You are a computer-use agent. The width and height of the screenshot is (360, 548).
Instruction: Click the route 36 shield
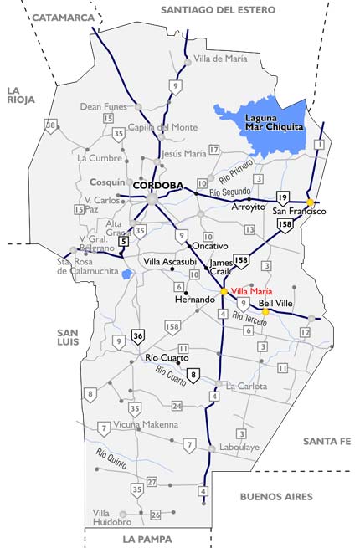[138, 336]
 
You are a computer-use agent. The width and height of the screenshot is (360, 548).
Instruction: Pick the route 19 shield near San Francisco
[283, 197]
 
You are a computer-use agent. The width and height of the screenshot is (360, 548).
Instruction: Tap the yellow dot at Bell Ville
[265, 312]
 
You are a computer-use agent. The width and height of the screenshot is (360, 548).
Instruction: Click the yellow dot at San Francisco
[310, 202]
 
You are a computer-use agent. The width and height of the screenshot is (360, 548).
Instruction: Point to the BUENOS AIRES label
[275, 496]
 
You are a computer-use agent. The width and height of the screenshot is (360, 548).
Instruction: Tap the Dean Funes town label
[102, 106]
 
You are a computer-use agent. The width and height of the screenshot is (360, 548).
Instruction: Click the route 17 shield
[214, 150]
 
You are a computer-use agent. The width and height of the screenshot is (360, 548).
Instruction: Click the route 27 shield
[152, 482]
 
